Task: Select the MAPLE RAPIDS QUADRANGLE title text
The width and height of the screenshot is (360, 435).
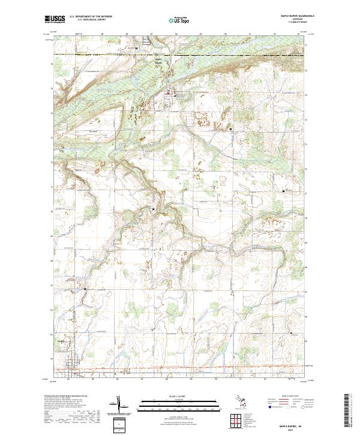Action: click(x=293, y=16)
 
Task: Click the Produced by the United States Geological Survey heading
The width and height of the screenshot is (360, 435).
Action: click(x=67, y=397)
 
